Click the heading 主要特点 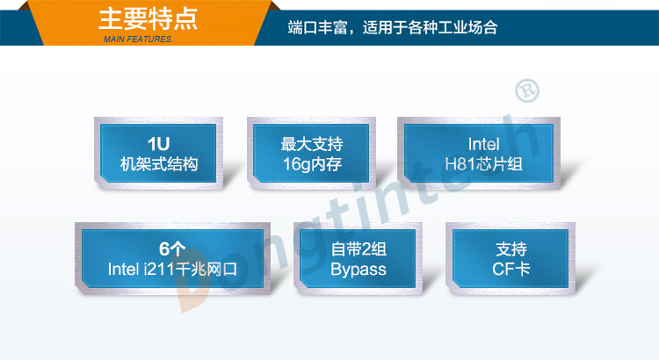click(148, 19)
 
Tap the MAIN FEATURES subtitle click(137, 40)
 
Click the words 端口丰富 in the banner click(318, 28)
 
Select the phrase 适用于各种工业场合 click(430, 28)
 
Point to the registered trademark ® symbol click(527, 90)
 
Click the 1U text click(158, 144)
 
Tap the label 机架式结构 click(159, 164)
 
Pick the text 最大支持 click(312, 144)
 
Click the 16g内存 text click(312, 164)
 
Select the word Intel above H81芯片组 click(484, 144)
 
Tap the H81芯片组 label click(484, 164)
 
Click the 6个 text click(172, 249)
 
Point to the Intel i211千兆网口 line click(172, 270)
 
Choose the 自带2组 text click(358, 249)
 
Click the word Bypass click(358, 270)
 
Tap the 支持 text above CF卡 click(511, 249)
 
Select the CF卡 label click(511, 270)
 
